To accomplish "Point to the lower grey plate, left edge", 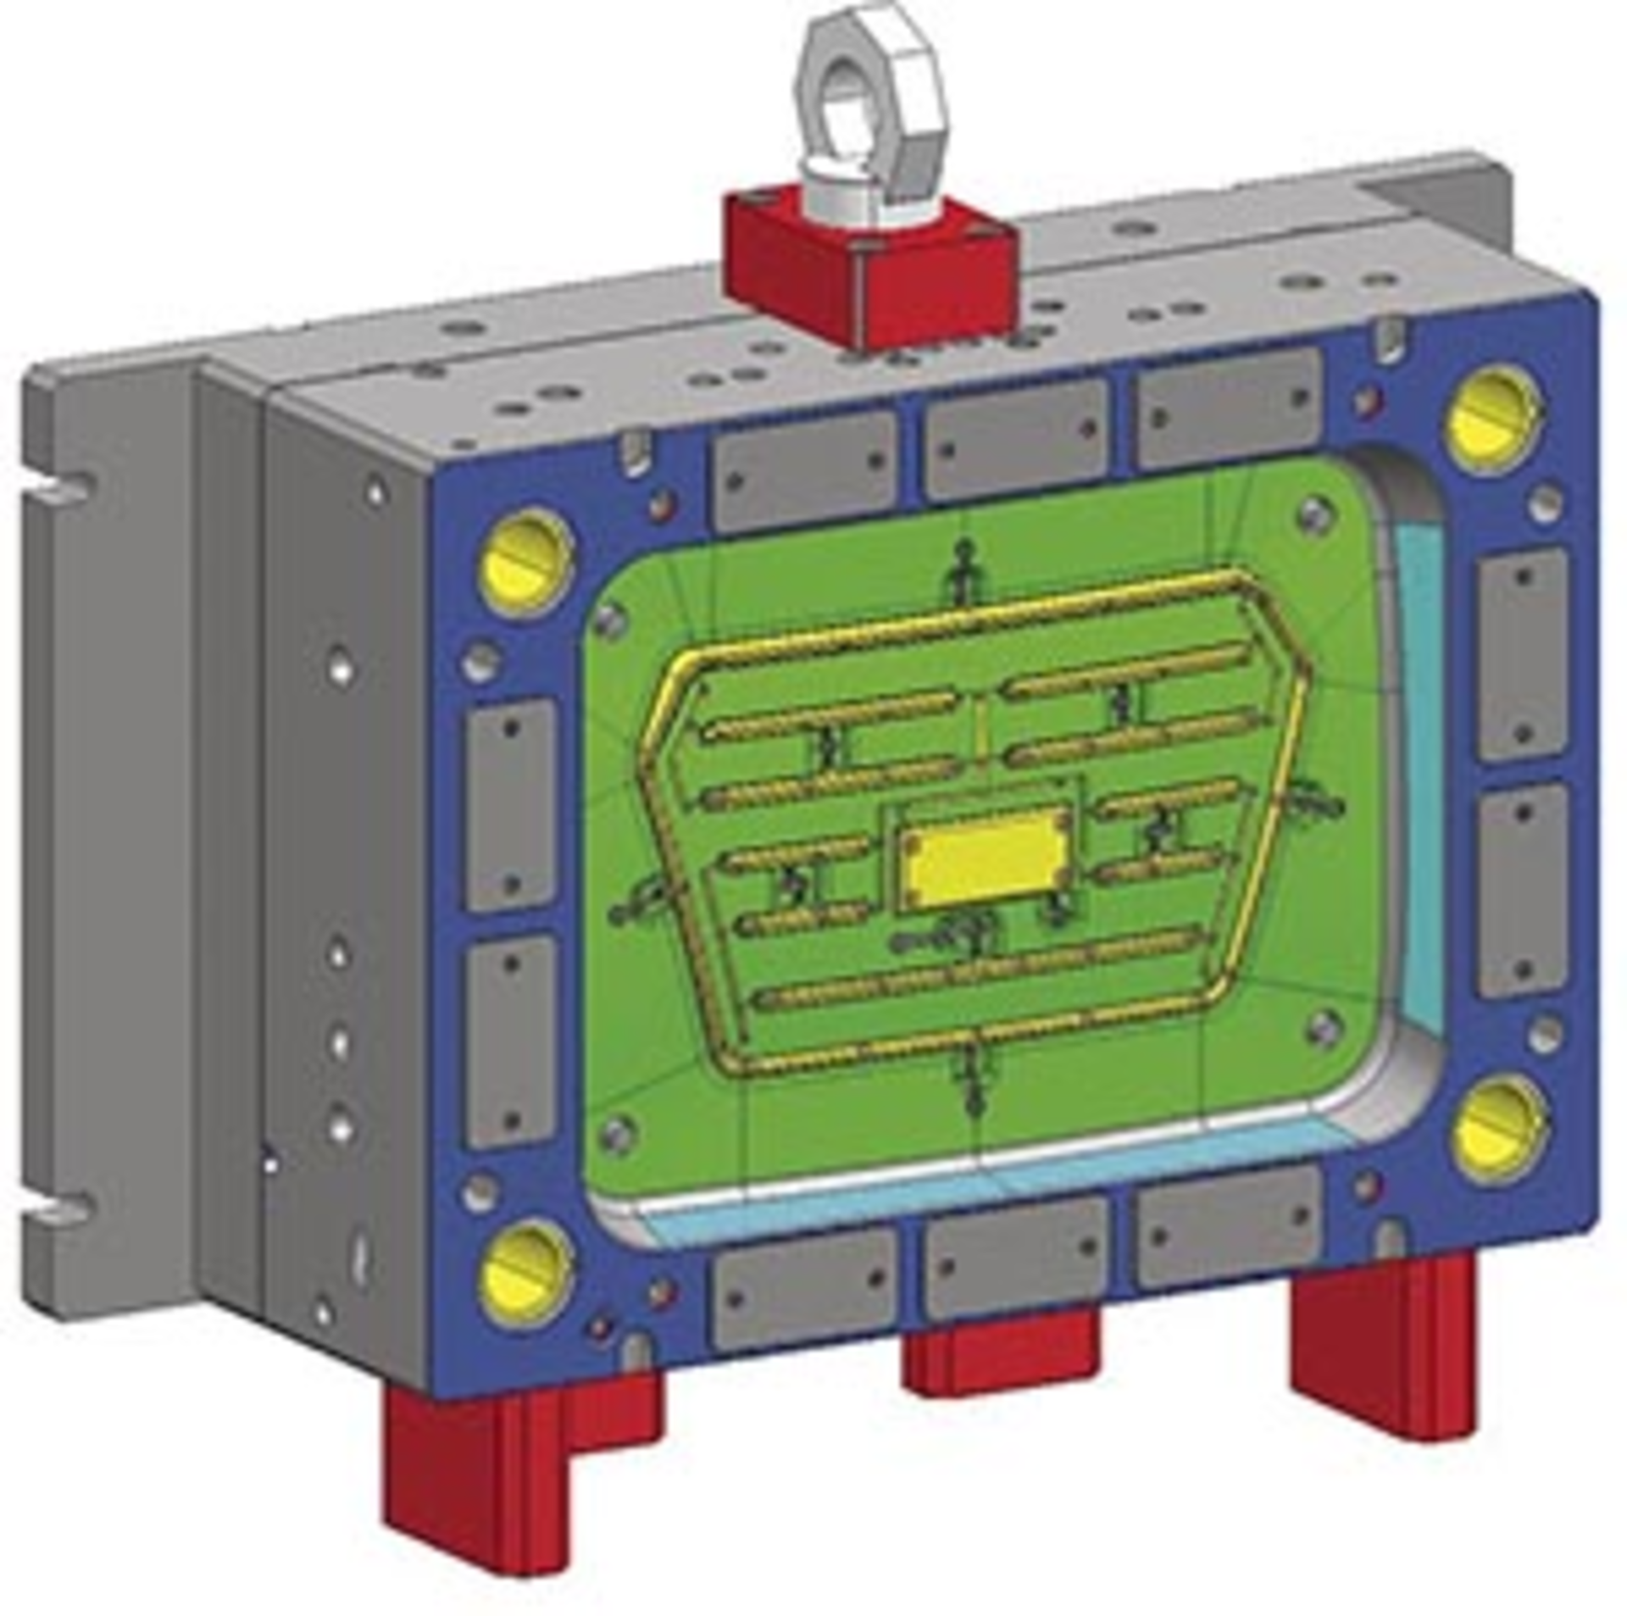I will (512, 1041).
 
